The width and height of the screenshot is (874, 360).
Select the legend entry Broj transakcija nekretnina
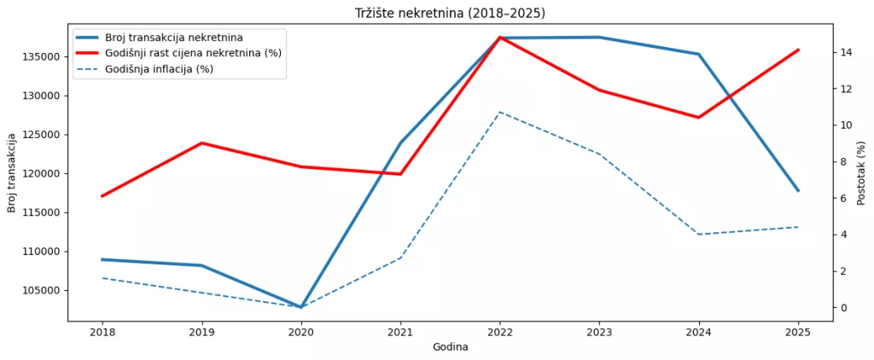pyautogui.click(x=174, y=38)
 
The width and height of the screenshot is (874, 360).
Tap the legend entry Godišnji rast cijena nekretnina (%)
pyautogui.click(x=193, y=53)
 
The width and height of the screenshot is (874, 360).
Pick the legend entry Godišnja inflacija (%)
pyautogui.click(x=159, y=69)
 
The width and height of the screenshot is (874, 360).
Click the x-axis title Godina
pyautogui.click(x=450, y=347)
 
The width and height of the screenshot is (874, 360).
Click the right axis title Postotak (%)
pyautogui.click(x=861, y=173)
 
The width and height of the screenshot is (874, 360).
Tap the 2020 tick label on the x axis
pyautogui.click(x=301, y=332)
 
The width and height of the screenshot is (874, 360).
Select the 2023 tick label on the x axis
pyautogui.click(x=599, y=332)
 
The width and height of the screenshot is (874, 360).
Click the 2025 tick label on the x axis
pyautogui.click(x=798, y=332)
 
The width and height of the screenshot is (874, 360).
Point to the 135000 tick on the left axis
pyautogui.click(x=41, y=56)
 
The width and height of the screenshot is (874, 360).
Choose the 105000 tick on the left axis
pyautogui.click(x=41, y=290)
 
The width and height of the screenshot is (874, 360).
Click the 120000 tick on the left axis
pyautogui.click(x=41, y=173)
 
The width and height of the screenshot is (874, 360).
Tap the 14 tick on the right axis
pyautogui.click(x=846, y=52)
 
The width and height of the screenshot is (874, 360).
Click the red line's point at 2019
pyautogui.click(x=201, y=142)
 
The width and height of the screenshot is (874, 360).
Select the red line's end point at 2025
pyautogui.click(x=798, y=49)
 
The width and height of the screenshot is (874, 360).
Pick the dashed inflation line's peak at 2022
pyautogui.click(x=500, y=112)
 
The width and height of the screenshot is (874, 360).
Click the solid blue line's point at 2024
pyautogui.click(x=699, y=54)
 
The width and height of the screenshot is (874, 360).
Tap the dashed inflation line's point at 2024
pyautogui.click(x=699, y=234)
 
